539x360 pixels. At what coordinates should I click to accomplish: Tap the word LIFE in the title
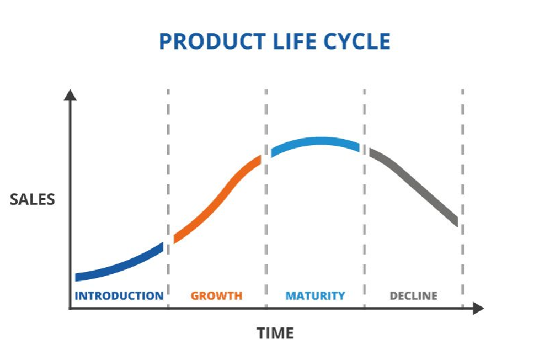[x=293, y=41]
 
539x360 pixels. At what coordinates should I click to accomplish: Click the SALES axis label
[x=33, y=199]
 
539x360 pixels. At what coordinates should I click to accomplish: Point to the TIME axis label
[x=275, y=333]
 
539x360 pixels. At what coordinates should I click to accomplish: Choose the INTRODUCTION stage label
[x=119, y=295]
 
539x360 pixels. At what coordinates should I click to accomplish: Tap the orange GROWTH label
[x=217, y=295]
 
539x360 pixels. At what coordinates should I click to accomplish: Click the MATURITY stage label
[x=315, y=295]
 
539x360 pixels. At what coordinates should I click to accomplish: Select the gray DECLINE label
[x=414, y=295]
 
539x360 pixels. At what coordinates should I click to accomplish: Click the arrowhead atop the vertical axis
[x=70, y=95]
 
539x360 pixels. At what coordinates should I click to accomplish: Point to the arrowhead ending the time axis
[x=478, y=308]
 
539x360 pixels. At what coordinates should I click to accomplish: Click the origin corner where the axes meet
[x=70, y=308]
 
